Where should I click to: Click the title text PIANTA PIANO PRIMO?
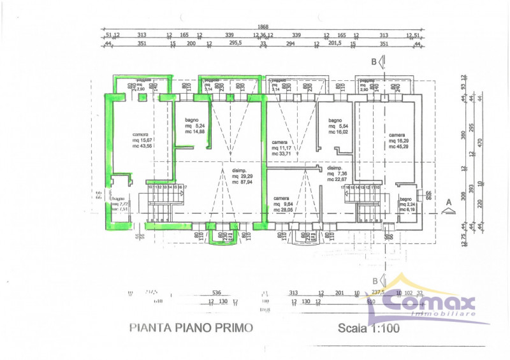pos(191,328)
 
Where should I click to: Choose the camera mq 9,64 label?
pos(284,203)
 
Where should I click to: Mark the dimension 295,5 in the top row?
pos(235,44)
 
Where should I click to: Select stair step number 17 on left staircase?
pos(184,187)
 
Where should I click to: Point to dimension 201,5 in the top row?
pos(335,44)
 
